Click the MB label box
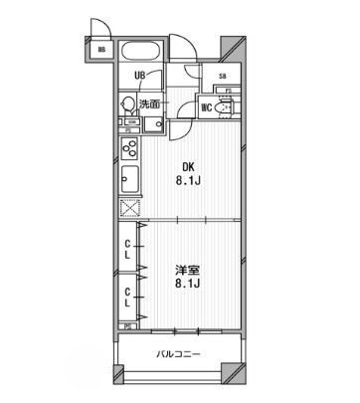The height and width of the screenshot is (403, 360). click(101, 50)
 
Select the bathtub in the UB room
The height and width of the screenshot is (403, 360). click(144, 51)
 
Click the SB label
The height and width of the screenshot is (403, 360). click(222, 77)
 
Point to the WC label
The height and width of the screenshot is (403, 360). click(206, 107)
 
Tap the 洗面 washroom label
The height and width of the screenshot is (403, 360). click(149, 102)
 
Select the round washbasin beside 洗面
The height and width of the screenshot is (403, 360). click(127, 102)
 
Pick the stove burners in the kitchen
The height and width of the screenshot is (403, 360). click(129, 150)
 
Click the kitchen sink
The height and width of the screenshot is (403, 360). click(129, 181)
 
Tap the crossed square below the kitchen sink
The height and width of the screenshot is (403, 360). click(129, 208)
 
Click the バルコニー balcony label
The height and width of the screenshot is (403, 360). click(180, 355)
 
